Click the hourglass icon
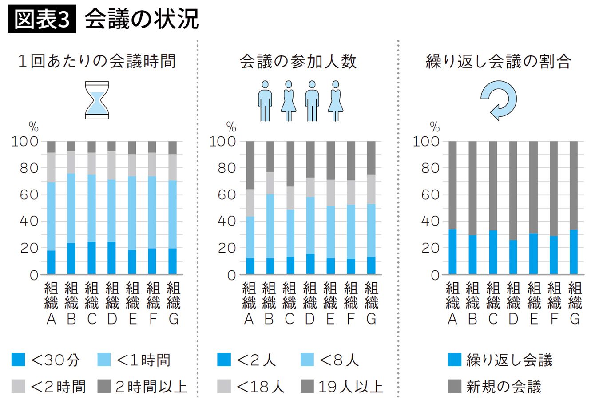coord(97,100)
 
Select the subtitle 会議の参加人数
coord(298,61)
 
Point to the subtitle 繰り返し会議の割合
coord(498,61)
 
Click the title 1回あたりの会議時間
coord(97,61)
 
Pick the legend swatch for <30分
coord(18,360)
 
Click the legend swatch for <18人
coord(224,387)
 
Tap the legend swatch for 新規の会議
coord(455,387)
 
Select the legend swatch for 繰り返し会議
coord(455,360)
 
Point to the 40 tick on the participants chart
coord(226,222)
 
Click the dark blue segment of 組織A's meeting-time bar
coord(51,262)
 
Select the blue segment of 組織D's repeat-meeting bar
coord(513,257)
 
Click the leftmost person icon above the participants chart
coord(265,101)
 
